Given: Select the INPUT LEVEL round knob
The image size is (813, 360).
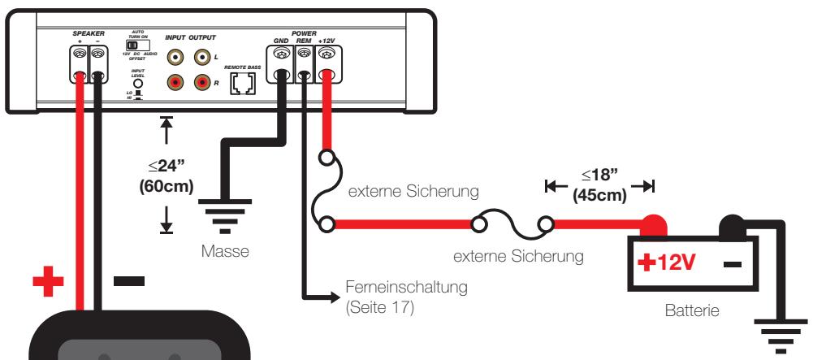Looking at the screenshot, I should pyautogui.click(x=138, y=82).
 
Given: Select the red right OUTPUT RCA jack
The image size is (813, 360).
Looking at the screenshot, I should pyautogui.click(x=201, y=82).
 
